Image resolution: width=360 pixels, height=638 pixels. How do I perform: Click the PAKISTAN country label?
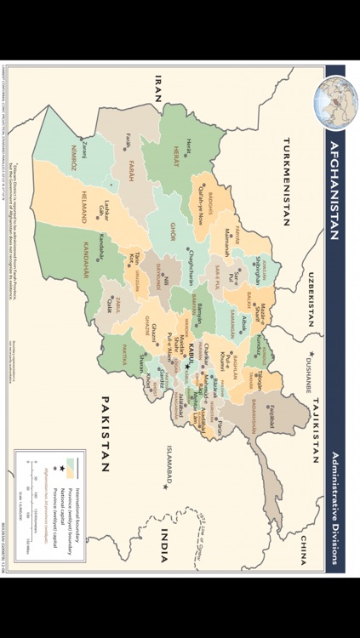(106, 433)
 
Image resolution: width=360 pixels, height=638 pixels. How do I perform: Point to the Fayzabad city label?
(275, 418)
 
